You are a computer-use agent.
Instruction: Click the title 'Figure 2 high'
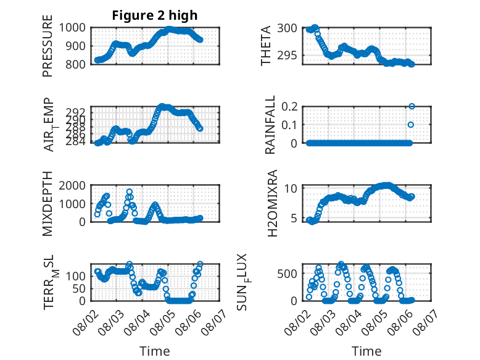(x=155, y=15)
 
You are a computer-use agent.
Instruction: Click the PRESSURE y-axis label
(x=48, y=46)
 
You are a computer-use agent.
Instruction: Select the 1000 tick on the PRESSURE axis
(x=72, y=28)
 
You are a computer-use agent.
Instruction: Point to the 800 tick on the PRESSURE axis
(x=75, y=64)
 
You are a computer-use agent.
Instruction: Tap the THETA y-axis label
(x=266, y=46)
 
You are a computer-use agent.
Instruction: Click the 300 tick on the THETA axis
(x=287, y=28)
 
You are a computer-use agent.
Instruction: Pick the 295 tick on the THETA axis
(x=287, y=56)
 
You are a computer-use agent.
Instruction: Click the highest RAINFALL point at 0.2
(x=412, y=106)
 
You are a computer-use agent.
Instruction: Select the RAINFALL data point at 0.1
(x=411, y=125)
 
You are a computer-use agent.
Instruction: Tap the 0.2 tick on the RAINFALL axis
(x=289, y=107)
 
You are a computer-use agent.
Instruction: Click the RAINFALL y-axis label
(x=270, y=125)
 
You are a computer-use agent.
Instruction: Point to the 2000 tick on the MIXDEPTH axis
(x=72, y=185)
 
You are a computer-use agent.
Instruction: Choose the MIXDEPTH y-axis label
(x=48, y=204)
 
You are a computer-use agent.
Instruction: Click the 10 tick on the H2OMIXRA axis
(x=291, y=188)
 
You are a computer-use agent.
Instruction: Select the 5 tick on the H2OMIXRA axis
(x=294, y=218)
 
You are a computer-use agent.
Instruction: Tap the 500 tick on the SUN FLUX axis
(x=287, y=274)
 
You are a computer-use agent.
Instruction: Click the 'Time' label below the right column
(x=366, y=351)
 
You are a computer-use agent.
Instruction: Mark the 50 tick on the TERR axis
(x=79, y=288)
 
